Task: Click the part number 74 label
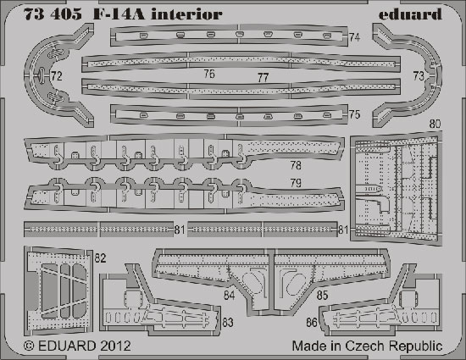(354, 37)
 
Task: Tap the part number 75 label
(354, 114)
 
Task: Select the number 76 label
(209, 74)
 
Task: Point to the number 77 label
(263, 78)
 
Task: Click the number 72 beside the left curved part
(57, 76)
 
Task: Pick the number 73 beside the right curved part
(419, 76)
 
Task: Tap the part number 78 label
(296, 165)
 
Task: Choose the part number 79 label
(296, 183)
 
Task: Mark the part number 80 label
(435, 124)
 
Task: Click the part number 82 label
(100, 258)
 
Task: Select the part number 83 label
(228, 322)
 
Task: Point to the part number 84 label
(229, 296)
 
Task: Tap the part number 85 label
(322, 296)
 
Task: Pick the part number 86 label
(312, 322)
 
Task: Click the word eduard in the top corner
(410, 14)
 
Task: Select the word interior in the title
(186, 14)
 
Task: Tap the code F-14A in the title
(119, 14)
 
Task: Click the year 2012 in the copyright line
(115, 346)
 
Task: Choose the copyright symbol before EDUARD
(29, 346)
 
